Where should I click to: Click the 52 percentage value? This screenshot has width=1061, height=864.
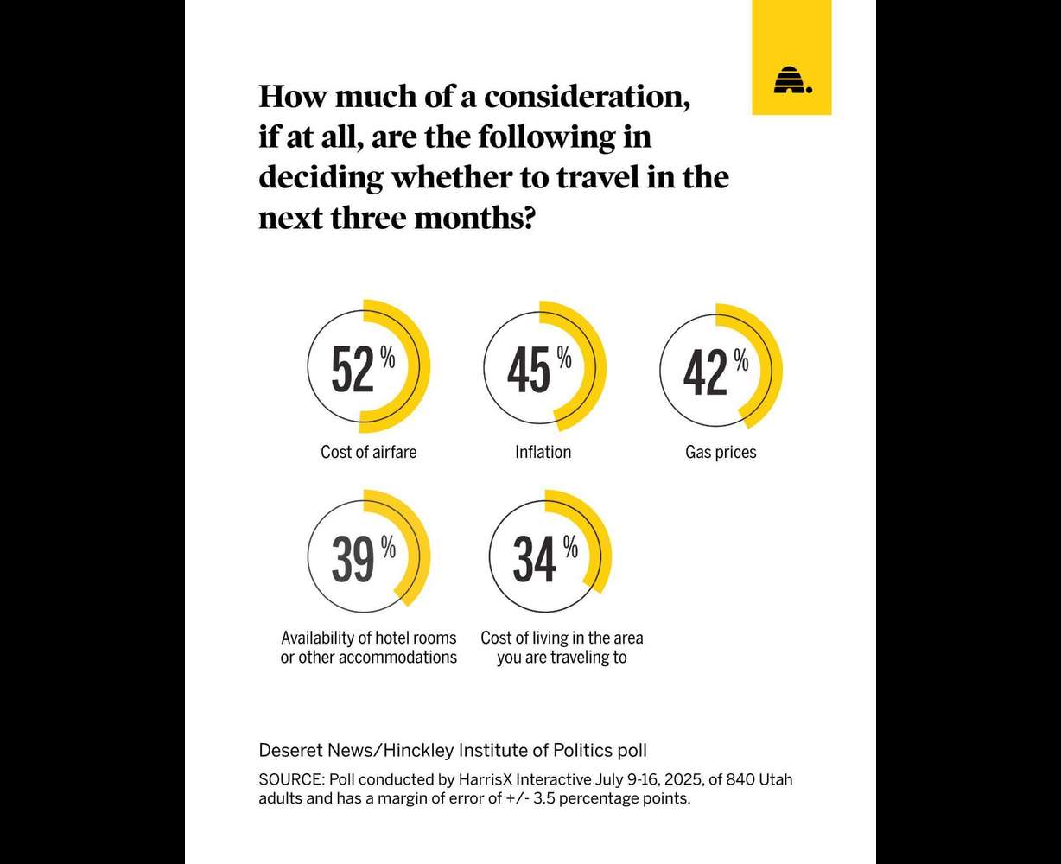point(353,371)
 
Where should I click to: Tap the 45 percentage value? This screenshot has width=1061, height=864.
point(529,371)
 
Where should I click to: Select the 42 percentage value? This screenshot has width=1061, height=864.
point(705,372)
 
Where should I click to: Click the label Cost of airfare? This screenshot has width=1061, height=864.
point(368,452)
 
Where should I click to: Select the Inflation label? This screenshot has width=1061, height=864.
point(543,452)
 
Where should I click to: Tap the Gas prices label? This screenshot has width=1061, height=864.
point(721,452)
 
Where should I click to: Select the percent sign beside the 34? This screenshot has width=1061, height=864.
point(570,546)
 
